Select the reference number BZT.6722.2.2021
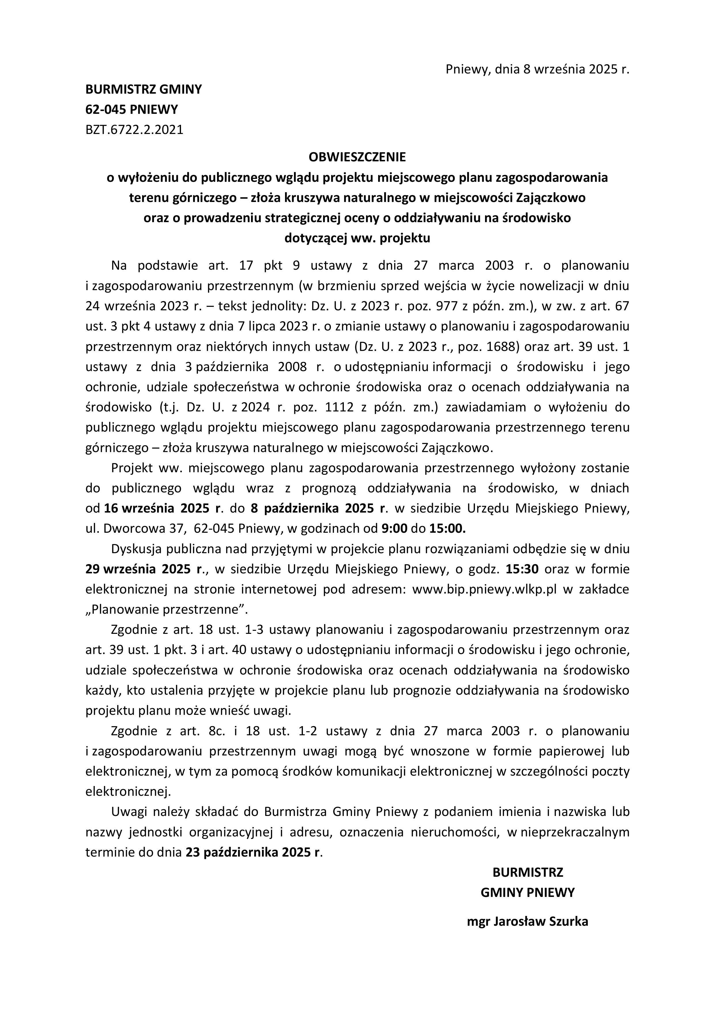tap(134, 130)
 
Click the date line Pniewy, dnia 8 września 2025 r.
tap(537, 69)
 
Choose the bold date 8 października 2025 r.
tap(318, 508)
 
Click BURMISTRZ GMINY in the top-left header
tap(143, 89)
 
